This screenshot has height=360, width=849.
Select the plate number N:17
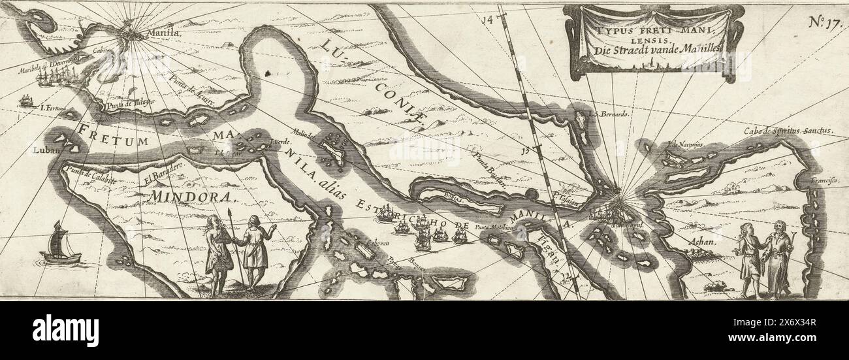(827, 21)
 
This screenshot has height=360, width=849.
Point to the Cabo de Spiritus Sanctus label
(789, 131)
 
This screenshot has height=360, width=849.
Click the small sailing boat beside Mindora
(59, 244)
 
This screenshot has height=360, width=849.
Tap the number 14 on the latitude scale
(486, 20)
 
